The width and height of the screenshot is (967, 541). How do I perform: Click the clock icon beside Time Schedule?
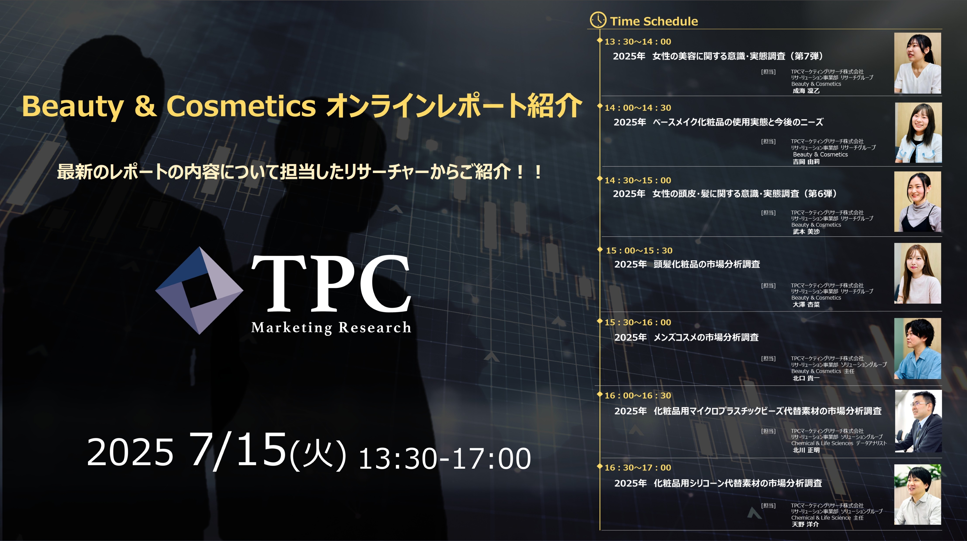[598, 20]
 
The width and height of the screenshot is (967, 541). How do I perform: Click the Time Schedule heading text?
[654, 21]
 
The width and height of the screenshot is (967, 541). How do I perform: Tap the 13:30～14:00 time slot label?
[638, 42]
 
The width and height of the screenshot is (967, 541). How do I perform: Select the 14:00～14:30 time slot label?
[638, 108]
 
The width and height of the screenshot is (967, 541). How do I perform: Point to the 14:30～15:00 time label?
[638, 180]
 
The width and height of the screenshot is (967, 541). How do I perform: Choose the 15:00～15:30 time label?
[639, 251]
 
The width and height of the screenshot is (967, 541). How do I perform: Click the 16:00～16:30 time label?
[638, 396]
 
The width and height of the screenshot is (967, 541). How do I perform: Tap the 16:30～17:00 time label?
[638, 468]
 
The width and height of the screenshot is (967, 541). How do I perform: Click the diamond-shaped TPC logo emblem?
[199, 290]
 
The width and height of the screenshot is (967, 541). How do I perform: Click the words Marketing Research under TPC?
[331, 328]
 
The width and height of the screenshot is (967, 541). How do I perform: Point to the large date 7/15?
[238, 450]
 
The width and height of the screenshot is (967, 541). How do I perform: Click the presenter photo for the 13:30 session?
[917, 63]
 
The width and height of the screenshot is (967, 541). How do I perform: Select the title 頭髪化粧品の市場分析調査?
[707, 264]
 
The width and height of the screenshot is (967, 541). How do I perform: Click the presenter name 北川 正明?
[806, 450]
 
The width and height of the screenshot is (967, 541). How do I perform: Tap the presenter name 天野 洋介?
[806, 524]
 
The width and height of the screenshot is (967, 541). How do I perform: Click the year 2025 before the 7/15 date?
[130, 452]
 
